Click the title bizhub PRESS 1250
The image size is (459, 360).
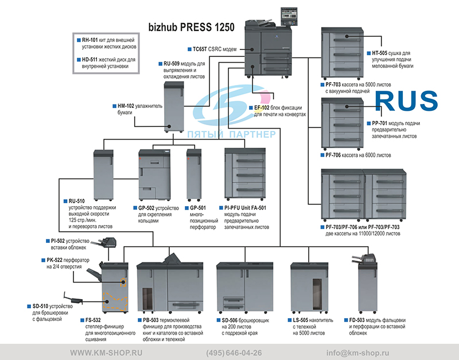(191, 27)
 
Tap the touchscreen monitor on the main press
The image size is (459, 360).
(289, 17)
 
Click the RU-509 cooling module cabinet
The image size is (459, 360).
(174, 107)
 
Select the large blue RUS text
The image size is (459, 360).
(406, 100)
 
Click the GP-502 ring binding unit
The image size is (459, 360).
(154, 175)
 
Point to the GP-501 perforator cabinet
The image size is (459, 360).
(194, 175)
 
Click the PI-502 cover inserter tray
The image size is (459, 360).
(105, 243)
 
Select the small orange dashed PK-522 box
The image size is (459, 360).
(123, 282)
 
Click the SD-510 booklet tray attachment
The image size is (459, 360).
(73, 299)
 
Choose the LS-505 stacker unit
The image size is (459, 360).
(309, 287)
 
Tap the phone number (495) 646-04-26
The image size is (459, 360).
(234, 353)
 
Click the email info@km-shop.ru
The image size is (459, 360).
(357, 353)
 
